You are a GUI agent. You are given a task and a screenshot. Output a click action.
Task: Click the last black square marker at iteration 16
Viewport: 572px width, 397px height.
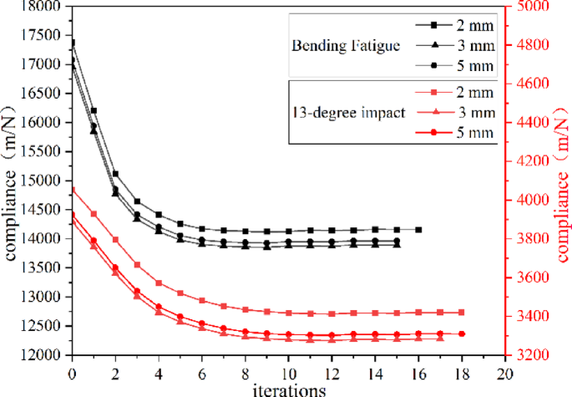pyautogui.click(x=418, y=229)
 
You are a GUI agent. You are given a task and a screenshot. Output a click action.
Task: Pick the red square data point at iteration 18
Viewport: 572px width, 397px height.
pyautogui.click(x=461, y=313)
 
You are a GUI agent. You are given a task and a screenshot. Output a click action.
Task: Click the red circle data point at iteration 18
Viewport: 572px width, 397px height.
pyautogui.click(x=461, y=333)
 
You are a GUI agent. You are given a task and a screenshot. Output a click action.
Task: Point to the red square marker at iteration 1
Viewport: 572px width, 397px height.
pyautogui.click(x=94, y=214)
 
